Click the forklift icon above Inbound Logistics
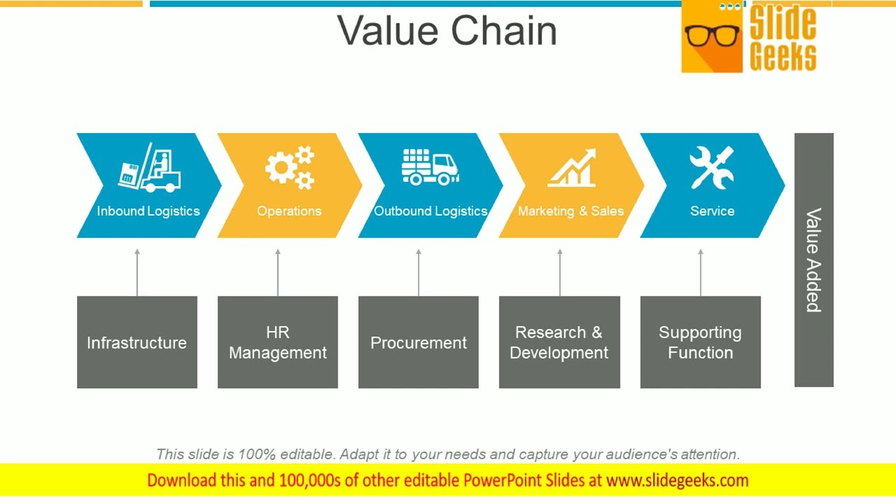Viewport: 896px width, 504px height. click(149, 168)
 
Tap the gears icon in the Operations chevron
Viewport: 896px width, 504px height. click(289, 168)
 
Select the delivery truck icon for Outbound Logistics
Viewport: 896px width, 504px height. click(430, 167)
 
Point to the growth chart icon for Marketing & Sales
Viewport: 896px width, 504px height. click(572, 168)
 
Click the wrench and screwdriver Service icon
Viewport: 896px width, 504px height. click(711, 167)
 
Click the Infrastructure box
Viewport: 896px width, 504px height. click(137, 342)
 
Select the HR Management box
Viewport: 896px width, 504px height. click(278, 342)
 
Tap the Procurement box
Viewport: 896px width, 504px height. click(419, 342)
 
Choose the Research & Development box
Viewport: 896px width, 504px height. click(559, 342)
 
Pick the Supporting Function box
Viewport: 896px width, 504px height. click(700, 342)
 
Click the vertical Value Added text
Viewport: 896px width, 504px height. click(813, 260)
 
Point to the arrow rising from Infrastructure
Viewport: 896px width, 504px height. click(137, 272)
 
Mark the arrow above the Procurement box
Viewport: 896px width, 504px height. click(419, 272)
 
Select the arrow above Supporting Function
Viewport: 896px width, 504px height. click(701, 272)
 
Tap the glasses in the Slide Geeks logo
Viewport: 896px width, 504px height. click(712, 35)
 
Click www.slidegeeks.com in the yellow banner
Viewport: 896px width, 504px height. click(677, 481)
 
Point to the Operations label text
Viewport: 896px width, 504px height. click(289, 211)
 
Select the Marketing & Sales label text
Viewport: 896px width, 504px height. click(570, 211)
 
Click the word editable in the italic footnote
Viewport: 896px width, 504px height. click(307, 454)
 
